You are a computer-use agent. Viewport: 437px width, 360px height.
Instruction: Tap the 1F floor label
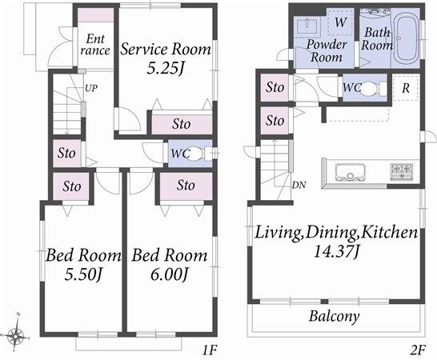(x=209, y=349)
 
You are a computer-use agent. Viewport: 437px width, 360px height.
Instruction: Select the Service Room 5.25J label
(x=166, y=58)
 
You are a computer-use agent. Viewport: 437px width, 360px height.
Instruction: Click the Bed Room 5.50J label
(x=83, y=265)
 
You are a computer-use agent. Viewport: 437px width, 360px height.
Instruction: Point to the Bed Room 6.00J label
(x=170, y=265)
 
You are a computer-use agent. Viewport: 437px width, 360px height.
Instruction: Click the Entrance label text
(x=94, y=44)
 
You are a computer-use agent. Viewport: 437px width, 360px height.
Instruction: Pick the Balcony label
(x=334, y=316)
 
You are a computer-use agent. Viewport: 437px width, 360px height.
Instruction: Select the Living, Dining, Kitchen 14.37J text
(x=336, y=242)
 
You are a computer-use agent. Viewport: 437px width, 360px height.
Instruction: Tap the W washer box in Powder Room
(x=340, y=22)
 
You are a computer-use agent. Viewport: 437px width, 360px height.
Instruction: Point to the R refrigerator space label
(x=407, y=87)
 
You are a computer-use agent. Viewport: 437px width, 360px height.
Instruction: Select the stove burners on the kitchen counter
(x=401, y=170)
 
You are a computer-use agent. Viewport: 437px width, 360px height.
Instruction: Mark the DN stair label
(x=298, y=186)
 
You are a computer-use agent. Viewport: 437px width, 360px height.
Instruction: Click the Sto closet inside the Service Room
(x=182, y=124)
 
